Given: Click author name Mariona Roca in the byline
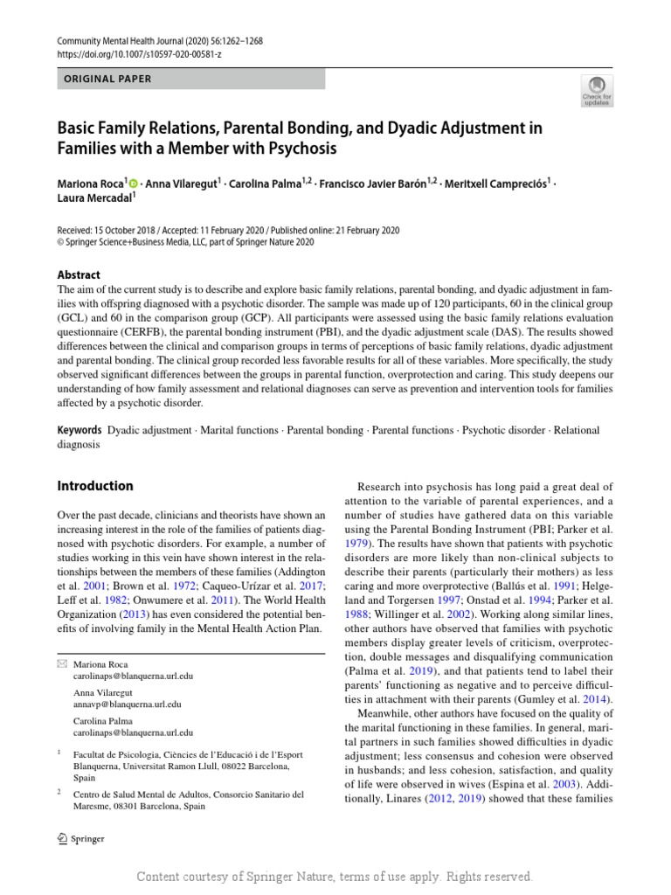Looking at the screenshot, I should tap(90, 184).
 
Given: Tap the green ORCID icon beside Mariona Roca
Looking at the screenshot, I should tap(134, 184).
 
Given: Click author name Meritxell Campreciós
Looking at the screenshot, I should tap(495, 184).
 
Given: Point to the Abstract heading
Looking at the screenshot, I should tap(79, 274).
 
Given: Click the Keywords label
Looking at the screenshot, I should tap(80, 431).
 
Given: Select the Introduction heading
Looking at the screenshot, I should tap(95, 486).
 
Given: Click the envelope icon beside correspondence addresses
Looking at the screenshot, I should tap(61, 664).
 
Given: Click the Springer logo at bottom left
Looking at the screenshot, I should tap(80, 839).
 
